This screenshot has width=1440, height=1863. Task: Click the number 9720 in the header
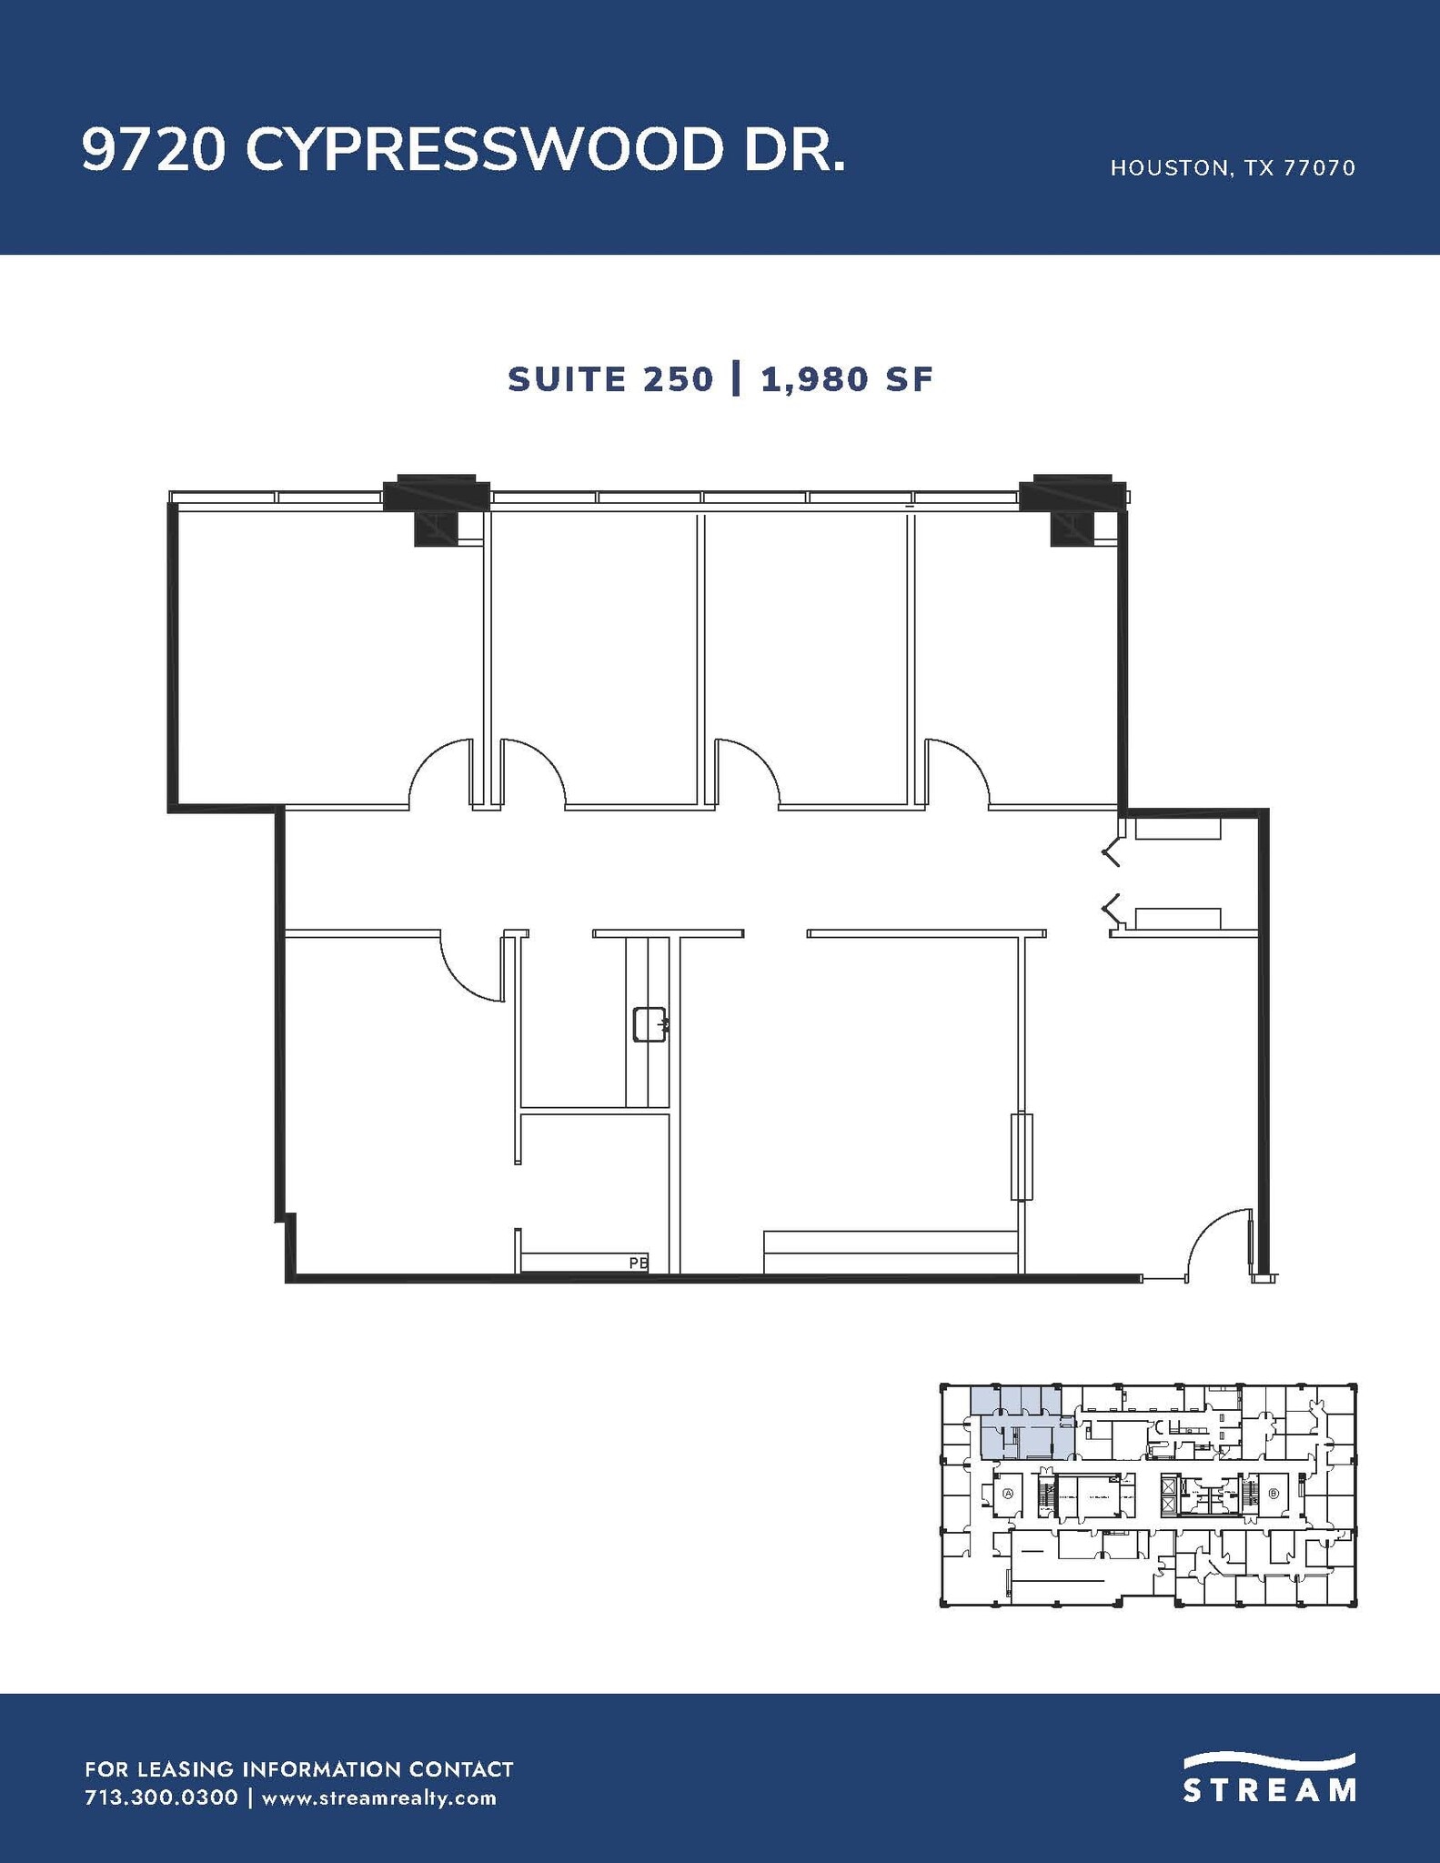click(153, 149)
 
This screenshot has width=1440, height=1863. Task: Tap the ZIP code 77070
click(1319, 168)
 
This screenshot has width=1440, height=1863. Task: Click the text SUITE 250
click(610, 379)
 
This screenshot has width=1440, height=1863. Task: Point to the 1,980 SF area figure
click(847, 379)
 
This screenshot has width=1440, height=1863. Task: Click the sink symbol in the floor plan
click(650, 1023)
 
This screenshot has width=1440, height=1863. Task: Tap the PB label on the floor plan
click(639, 1263)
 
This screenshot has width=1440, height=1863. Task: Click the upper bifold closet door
click(1111, 853)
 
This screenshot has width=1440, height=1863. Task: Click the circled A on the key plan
click(1007, 1494)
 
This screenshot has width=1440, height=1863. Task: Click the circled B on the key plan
click(1274, 1494)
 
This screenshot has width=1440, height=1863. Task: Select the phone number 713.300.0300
click(161, 1798)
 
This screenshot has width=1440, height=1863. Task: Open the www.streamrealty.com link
click(378, 1798)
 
